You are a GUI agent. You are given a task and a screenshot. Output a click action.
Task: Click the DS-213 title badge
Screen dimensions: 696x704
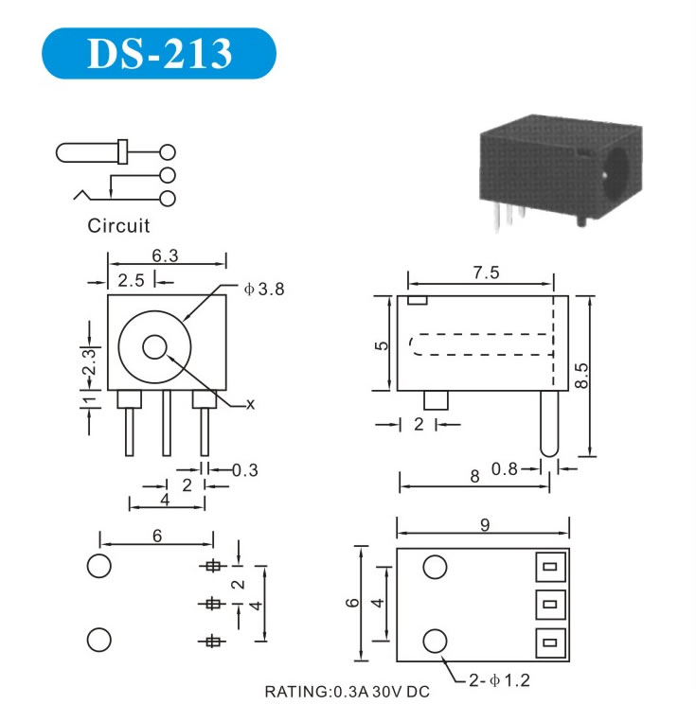158,53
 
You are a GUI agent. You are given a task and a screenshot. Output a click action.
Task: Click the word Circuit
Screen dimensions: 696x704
118,225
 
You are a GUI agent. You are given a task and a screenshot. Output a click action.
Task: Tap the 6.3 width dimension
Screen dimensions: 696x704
165,255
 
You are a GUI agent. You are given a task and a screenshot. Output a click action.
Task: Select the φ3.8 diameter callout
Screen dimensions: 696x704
264,290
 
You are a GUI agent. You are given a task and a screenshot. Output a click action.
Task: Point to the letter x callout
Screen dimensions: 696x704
250,405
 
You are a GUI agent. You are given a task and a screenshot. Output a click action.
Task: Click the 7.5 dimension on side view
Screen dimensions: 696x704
486,273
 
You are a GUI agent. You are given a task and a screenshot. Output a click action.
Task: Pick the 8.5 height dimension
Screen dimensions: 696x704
581,375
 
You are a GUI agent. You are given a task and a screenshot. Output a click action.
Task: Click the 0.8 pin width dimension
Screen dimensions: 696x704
504,469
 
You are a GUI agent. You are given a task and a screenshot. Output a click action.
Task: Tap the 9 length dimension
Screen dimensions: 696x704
485,525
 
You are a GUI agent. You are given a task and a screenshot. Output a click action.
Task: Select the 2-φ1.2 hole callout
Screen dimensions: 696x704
499,680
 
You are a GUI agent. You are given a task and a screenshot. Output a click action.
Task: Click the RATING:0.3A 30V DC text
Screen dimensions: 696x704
347,692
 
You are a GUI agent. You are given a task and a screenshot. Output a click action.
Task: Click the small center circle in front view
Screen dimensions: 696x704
154,347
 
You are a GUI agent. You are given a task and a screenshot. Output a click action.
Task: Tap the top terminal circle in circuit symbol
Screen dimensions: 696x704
168,152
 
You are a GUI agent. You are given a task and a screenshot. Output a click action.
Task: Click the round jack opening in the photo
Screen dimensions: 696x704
616,173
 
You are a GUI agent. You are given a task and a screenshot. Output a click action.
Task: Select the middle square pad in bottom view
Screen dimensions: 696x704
550,605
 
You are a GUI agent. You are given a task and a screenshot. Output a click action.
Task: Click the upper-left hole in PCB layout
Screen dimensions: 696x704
98,566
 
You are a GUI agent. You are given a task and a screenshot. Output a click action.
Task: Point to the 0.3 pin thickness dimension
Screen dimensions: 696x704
245,470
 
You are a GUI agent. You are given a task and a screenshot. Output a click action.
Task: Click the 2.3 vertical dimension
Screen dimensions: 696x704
89,361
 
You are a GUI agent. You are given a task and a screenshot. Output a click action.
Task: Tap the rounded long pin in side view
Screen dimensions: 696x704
548,423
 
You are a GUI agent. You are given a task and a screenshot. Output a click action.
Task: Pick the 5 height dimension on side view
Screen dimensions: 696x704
382,345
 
